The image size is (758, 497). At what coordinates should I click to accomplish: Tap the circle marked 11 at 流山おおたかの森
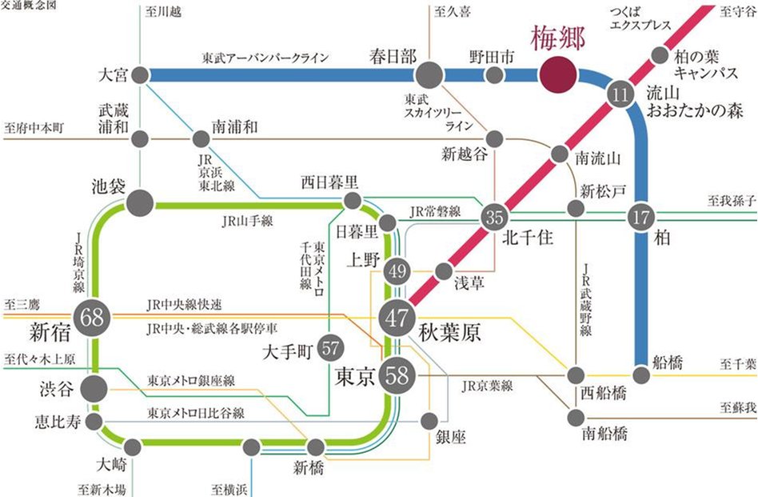click(x=619, y=93)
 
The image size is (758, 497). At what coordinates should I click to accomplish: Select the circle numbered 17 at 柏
click(x=640, y=216)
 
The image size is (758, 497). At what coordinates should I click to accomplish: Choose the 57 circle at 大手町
click(x=331, y=348)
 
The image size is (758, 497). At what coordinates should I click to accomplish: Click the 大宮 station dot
click(x=140, y=75)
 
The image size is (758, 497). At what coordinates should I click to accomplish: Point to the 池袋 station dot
click(x=140, y=201)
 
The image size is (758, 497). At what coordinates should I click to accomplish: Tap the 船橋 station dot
click(x=641, y=374)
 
